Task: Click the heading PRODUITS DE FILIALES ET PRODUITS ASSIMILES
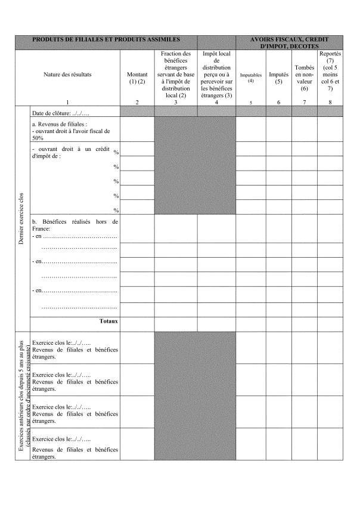click(105, 39)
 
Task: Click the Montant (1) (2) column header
click(136, 78)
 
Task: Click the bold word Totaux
click(108, 321)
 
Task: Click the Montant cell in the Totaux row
click(136, 322)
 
